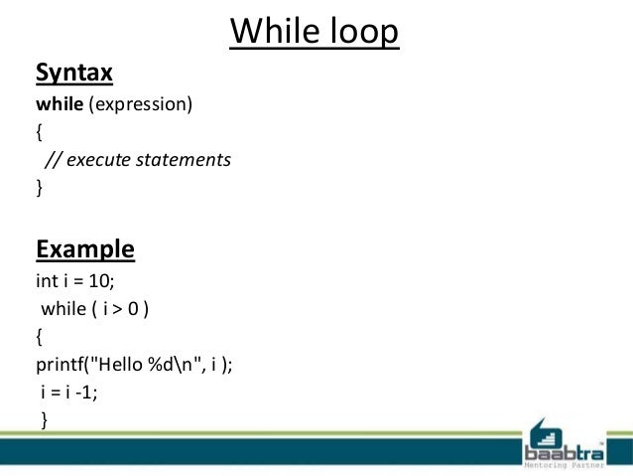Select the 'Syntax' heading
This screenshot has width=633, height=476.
click(74, 74)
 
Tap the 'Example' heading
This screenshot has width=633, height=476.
click(85, 247)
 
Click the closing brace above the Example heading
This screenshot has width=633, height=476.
click(40, 186)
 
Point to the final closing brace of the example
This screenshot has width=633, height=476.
click(44, 420)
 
